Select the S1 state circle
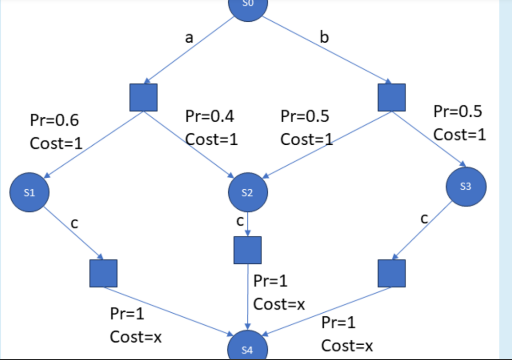[x=29, y=193]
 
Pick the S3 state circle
[x=466, y=187]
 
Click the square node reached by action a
[x=144, y=97]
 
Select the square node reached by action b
[x=392, y=97]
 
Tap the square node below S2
[x=247, y=250]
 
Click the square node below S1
[x=103, y=273]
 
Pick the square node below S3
[x=392, y=273]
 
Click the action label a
[x=189, y=38]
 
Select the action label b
[x=324, y=38]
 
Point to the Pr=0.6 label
[x=54, y=120]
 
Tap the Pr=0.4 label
[x=209, y=117]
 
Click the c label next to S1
[x=74, y=223]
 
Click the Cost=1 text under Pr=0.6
[x=56, y=143]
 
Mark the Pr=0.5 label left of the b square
[x=305, y=117]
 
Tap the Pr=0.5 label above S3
[x=458, y=112]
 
